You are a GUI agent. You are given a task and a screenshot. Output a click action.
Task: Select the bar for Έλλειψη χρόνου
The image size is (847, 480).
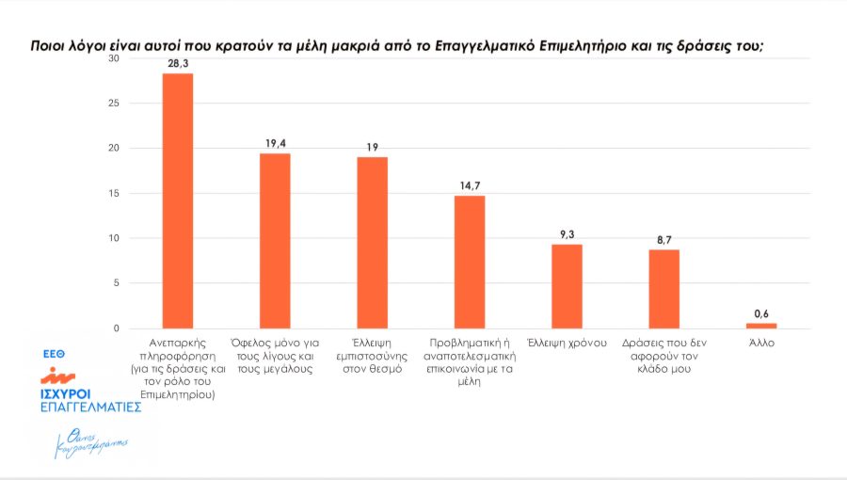[x=567, y=286]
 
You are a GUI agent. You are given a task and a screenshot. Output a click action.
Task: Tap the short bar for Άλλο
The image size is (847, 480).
[x=761, y=326]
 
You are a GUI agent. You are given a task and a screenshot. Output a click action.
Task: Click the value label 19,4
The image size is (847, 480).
[x=275, y=142]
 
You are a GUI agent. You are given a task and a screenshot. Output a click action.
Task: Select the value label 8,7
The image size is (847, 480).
[x=663, y=239]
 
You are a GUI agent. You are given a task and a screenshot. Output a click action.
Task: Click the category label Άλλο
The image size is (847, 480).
[x=761, y=344]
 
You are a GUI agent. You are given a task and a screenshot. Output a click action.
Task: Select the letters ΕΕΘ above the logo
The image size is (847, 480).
[x=53, y=353]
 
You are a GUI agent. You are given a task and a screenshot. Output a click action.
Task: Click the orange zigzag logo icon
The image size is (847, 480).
[x=63, y=373]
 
